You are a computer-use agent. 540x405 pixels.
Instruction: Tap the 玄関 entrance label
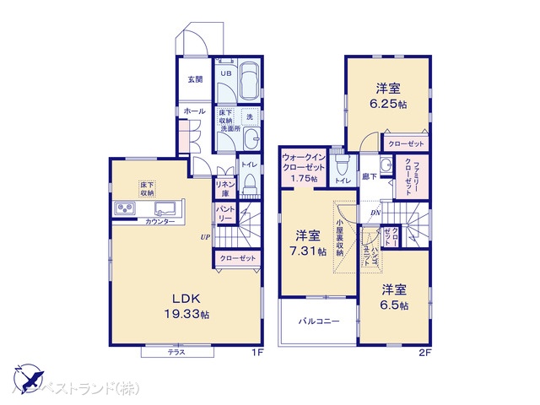195,79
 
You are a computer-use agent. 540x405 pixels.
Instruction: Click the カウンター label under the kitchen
160,221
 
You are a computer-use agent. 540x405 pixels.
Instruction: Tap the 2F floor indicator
424,353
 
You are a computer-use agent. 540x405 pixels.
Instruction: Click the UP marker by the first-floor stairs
205,237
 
